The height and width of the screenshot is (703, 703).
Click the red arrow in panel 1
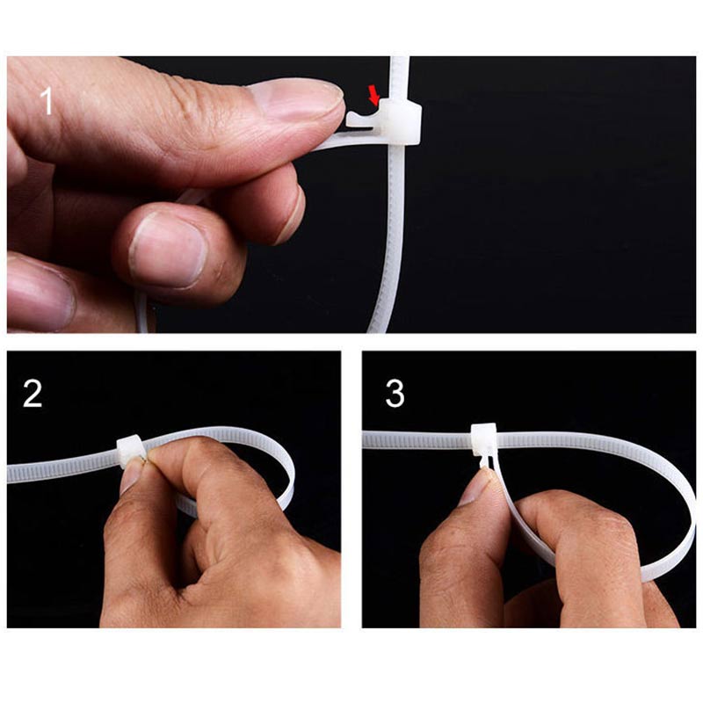373,95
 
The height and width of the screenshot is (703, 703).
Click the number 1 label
47,102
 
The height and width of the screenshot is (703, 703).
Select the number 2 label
33,394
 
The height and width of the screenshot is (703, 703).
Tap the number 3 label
395,394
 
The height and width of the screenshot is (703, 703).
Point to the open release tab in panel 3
486,462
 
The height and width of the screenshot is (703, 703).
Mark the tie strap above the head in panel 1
399,79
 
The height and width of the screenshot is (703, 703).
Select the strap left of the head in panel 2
62,467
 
